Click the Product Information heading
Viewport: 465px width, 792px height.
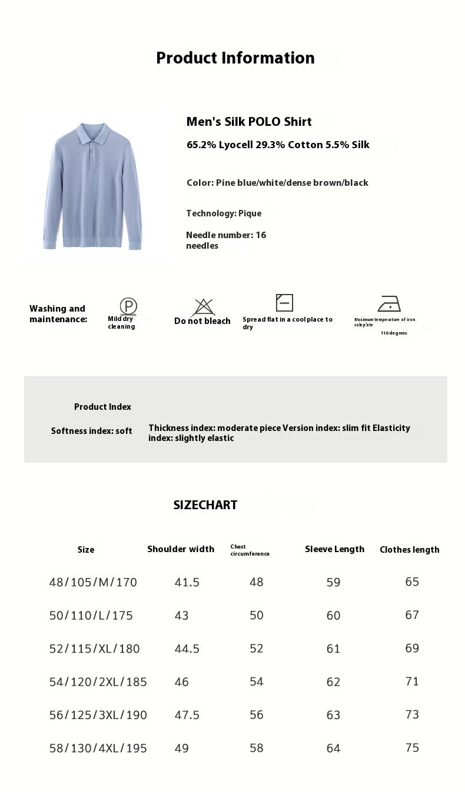pos(235,58)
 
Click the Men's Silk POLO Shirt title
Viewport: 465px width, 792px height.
pos(249,122)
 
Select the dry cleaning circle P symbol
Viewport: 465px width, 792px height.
pos(128,306)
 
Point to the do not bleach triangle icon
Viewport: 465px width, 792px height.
pos(203,307)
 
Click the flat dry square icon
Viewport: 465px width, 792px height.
pos(284,303)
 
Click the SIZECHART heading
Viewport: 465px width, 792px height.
pos(205,505)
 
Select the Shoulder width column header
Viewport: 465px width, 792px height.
pos(181,549)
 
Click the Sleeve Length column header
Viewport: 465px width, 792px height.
pos(334,549)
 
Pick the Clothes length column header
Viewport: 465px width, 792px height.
pos(409,550)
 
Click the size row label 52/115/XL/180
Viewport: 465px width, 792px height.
pos(94,649)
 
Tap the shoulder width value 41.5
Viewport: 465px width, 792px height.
pos(187,582)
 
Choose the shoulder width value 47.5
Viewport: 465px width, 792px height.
pos(187,715)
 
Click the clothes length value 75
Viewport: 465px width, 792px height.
pos(412,747)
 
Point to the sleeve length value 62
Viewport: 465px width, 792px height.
pos(333,682)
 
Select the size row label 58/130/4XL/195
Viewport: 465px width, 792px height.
pos(98,748)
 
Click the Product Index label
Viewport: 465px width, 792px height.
pos(102,407)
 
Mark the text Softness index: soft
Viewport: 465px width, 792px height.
pos(91,431)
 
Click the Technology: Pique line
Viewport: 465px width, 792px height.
pos(224,213)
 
